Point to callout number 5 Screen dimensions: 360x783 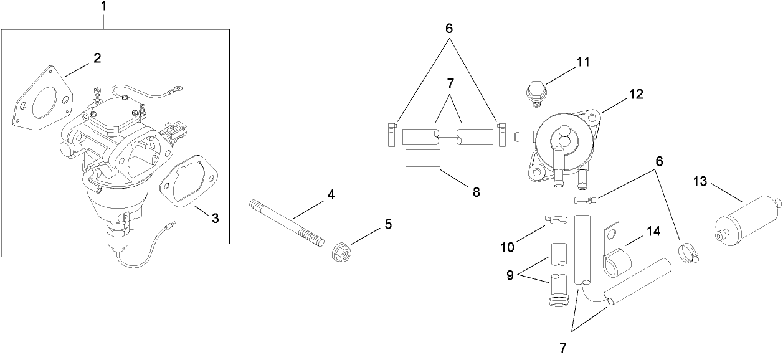[388, 224]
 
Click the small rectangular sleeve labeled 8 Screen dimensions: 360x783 [423, 159]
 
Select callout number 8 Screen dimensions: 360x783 [477, 192]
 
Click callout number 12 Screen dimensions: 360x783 [636, 94]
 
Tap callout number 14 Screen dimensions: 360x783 [653, 230]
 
